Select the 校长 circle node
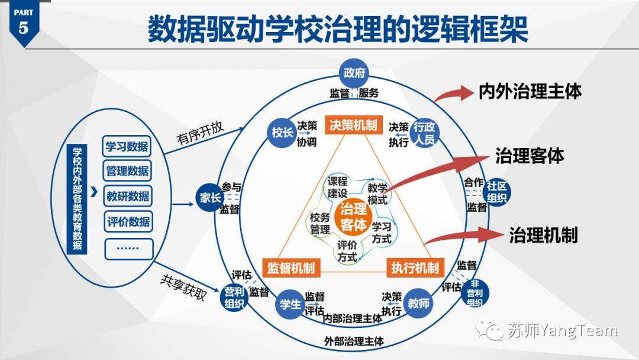pyautogui.click(x=283, y=133)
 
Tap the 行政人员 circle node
pyautogui.click(x=424, y=133)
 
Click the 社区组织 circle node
pyautogui.click(x=496, y=191)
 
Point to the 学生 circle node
pyautogui.click(x=291, y=304)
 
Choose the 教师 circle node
pyautogui.click(x=419, y=304)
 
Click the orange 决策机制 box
pyautogui.click(x=353, y=125)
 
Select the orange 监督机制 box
pyautogui.click(x=291, y=268)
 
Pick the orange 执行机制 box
pyautogui.click(x=415, y=268)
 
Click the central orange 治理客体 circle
pyautogui.click(x=353, y=217)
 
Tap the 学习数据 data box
pyautogui.click(x=127, y=146)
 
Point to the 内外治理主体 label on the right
pyautogui.click(x=530, y=91)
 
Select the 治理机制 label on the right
pyautogui.click(x=543, y=235)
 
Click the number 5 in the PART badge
pyautogui.click(x=23, y=27)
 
